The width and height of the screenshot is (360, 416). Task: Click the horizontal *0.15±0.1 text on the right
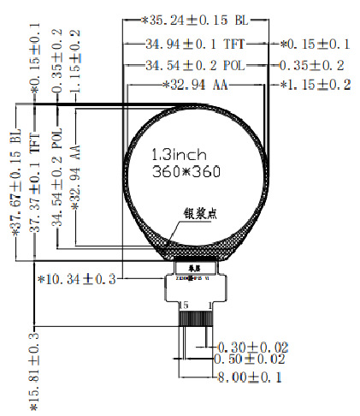(x=316, y=42)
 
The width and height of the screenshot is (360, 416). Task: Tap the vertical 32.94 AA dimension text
(x=78, y=170)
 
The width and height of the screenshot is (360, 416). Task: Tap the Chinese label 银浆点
(x=200, y=214)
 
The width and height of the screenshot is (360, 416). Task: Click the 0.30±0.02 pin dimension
(x=253, y=347)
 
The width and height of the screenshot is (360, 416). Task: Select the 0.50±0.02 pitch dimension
(x=253, y=360)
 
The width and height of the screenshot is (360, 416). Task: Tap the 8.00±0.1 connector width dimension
(x=251, y=376)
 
